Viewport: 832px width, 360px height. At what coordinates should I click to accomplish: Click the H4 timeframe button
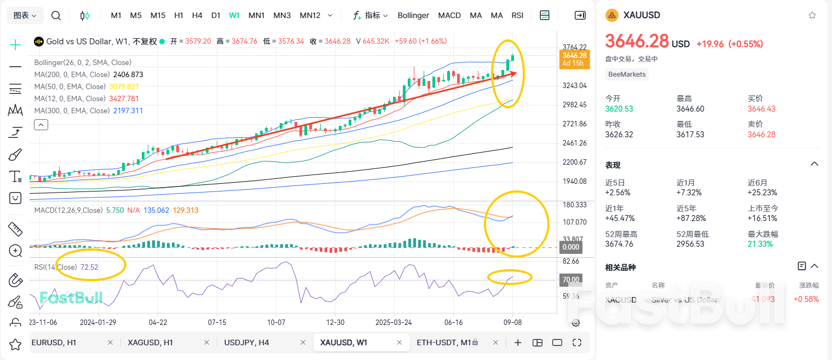(197, 15)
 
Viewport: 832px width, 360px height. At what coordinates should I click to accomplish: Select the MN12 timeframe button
(310, 15)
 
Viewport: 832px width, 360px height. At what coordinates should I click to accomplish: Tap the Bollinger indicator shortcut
(413, 15)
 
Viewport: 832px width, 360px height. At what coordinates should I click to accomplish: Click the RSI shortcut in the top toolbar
(517, 15)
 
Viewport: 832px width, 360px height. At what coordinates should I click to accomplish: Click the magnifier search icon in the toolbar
(56, 15)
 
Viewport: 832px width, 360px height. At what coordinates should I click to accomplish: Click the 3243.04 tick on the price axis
(574, 85)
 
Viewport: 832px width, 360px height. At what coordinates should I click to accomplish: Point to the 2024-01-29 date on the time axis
(98, 322)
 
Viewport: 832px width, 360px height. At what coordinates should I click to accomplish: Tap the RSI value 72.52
(89, 267)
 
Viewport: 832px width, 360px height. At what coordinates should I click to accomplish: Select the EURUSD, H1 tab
(54, 342)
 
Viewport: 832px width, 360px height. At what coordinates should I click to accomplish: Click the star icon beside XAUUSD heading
(812, 15)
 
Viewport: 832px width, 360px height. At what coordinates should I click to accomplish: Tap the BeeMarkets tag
(627, 74)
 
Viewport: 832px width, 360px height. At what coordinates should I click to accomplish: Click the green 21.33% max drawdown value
(760, 244)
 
